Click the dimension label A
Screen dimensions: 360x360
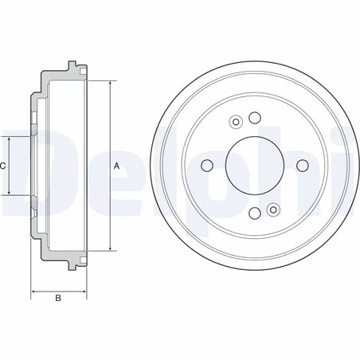(x=116, y=166)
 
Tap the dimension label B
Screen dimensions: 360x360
(x=57, y=299)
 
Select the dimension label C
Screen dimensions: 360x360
(x=3, y=166)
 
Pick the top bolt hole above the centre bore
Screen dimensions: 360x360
(x=254, y=119)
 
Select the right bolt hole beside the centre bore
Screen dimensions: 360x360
(x=300, y=165)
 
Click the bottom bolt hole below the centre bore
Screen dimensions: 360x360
(x=254, y=213)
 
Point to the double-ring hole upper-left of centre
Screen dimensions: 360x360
(x=235, y=122)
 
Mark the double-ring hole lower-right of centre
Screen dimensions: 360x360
(x=273, y=209)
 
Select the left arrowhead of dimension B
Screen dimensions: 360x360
(x=33, y=291)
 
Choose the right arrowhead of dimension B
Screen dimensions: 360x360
(x=82, y=291)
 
